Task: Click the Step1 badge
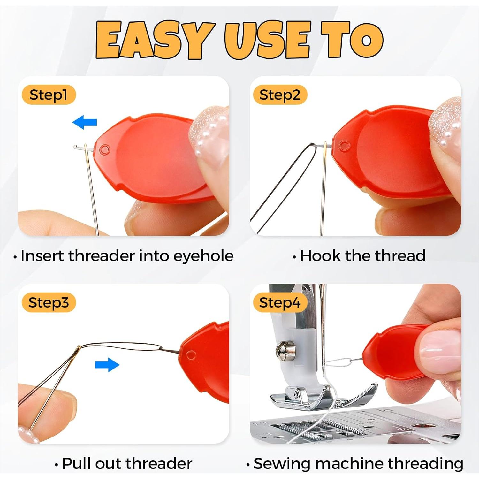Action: pyautogui.click(x=49, y=95)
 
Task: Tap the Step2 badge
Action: pyautogui.click(x=280, y=95)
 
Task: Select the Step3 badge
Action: pyautogui.click(x=49, y=302)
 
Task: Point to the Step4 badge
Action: pyautogui.click(x=280, y=302)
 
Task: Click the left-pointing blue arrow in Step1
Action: pyautogui.click(x=85, y=122)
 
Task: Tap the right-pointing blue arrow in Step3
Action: pyautogui.click(x=107, y=365)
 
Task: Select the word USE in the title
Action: pyautogui.click(x=267, y=40)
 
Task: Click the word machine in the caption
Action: pyautogui.click(x=349, y=464)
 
